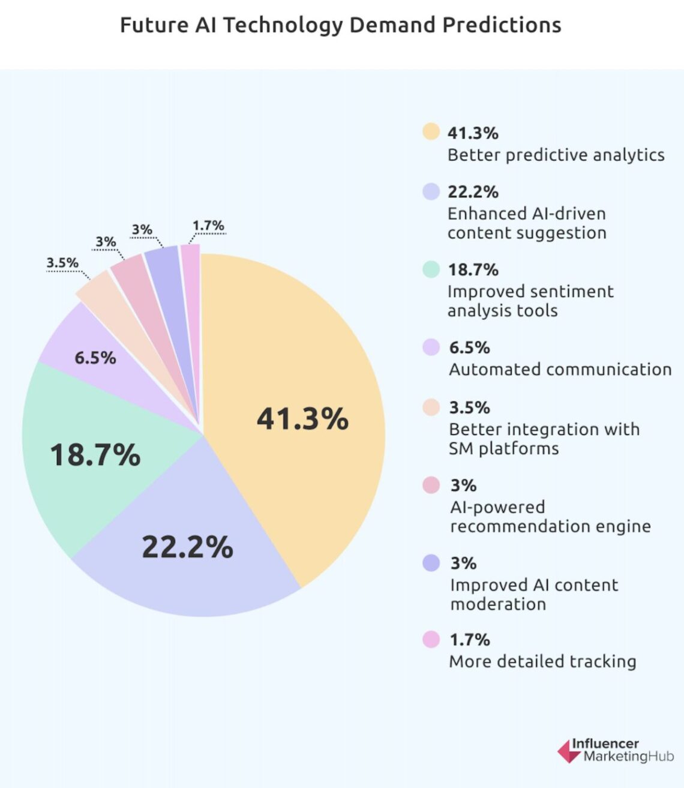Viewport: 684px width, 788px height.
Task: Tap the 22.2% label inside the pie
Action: pyautogui.click(x=187, y=547)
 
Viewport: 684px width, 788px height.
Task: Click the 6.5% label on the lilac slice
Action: pyautogui.click(x=95, y=358)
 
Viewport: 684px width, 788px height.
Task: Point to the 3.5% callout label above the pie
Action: pyautogui.click(x=62, y=263)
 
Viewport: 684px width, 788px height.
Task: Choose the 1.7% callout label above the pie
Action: pyautogui.click(x=208, y=226)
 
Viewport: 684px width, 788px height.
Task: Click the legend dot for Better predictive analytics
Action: pyautogui.click(x=431, y=131)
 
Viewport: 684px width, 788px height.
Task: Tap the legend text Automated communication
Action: pyautogui.click(x=560, y=369)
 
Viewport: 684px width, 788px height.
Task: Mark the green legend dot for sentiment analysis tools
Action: pyautogui.click(x=431, y=269)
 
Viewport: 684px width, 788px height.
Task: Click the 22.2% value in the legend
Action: pyautogui.click(x=473, y=192)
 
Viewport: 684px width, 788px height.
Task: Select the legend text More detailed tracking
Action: pyautogui.click(x=542, y=661)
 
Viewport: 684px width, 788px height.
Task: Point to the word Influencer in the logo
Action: pyautogui.click(x=605, y=744)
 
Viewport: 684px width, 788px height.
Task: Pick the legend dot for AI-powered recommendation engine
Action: pyautogui.click(x=431, y=485)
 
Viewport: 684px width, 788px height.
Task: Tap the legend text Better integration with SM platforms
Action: pyautogui.click(x=544, y=439)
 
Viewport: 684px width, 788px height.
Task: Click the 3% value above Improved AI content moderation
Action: pyautogui.click(x=463, y=563)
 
